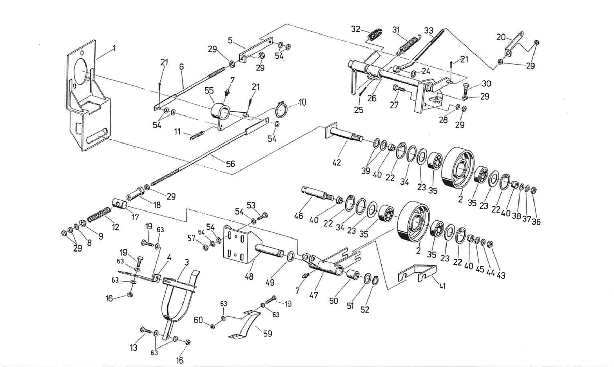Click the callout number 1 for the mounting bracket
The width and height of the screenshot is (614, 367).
[114, 48]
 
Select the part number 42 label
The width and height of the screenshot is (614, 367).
[336, 163]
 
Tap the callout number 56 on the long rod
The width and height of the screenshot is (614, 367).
[231, 164]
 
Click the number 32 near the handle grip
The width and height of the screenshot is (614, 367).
[355, 29]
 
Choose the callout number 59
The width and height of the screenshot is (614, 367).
[267, 333]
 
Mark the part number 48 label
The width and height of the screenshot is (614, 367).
[249, 276]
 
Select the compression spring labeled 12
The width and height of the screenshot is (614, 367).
[99, 214]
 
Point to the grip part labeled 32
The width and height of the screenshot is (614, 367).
[375, 34]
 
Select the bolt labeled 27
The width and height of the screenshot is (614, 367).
[398, 89]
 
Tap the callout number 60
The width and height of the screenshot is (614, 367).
[198, 320]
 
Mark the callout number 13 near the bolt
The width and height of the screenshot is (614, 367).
[133, 348]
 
